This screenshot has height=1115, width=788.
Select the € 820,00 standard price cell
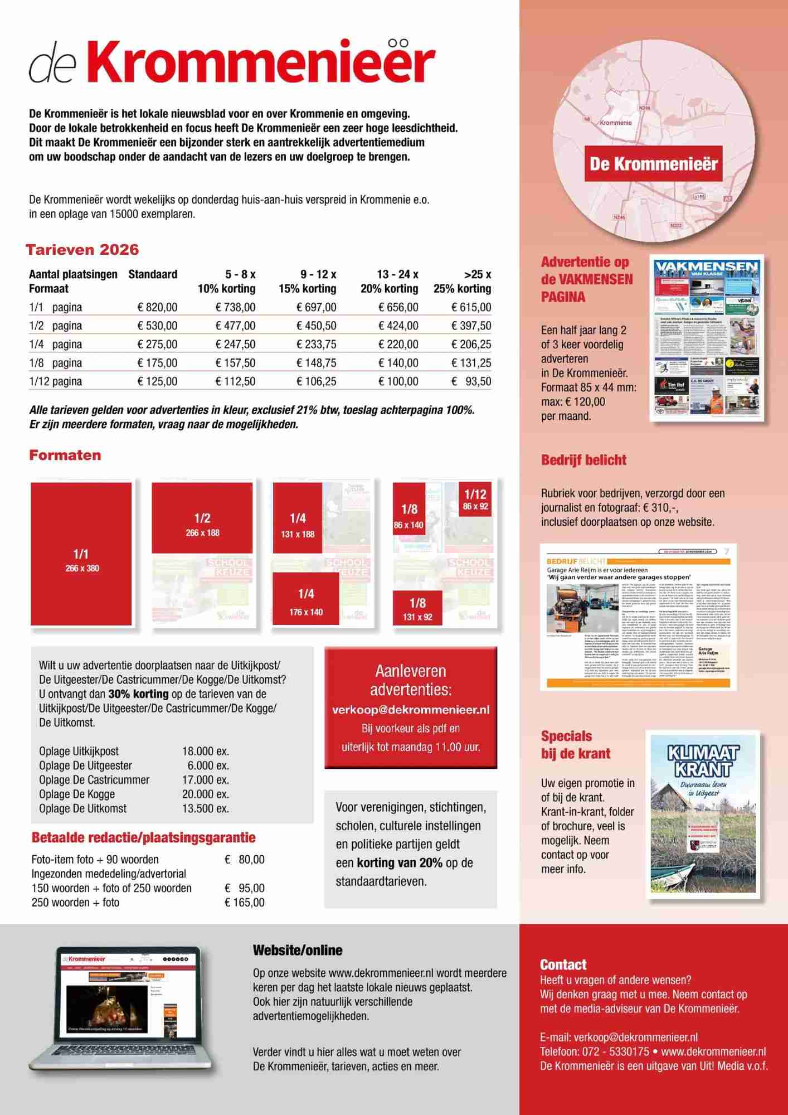(158, 307)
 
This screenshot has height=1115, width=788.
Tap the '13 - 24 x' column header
(397, 274)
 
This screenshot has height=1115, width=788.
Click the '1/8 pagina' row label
(55, 363)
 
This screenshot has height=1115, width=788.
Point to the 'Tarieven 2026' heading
(82, 250)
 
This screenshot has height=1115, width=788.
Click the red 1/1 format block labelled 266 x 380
(81, 554)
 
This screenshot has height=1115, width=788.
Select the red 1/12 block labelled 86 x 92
(475, 500)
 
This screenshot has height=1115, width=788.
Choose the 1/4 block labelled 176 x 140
(306, 599)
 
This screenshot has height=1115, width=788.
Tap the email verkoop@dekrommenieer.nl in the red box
(411, 710)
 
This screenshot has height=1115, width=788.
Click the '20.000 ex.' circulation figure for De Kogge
(206, 794)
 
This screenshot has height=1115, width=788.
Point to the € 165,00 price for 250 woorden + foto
(245, 903)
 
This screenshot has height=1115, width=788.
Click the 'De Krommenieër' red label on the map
(653, 164)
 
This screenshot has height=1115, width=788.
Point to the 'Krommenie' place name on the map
(615, 122)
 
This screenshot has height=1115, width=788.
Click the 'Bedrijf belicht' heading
(583, 460)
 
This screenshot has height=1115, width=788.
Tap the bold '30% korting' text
(138, 694)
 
